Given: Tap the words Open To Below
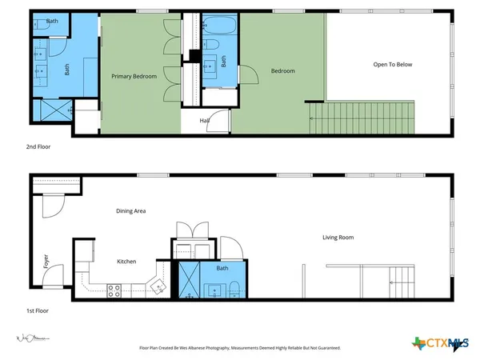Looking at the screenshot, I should pyautogui.click(x=392, y=65).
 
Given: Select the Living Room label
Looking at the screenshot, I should pyautogui.click(x=338, y=238).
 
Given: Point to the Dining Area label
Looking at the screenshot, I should pyautogui.click(x=129, y=211).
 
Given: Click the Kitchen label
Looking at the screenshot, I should pyautogui.click(x=126, y=262).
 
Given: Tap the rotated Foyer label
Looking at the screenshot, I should pyautogui.click(x=46, y=262).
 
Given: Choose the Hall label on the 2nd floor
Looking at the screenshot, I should pyautogui.click(x=205, y=120).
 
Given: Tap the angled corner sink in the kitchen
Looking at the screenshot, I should pyautogui.click(x=157, y=286).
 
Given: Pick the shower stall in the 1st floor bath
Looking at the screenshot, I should pyautogui.click(x=190, y=280).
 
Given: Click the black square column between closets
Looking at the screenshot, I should pyautogui.click(x=193, y=56).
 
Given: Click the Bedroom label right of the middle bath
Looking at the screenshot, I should pyautogui.click(x=283, y=71).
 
